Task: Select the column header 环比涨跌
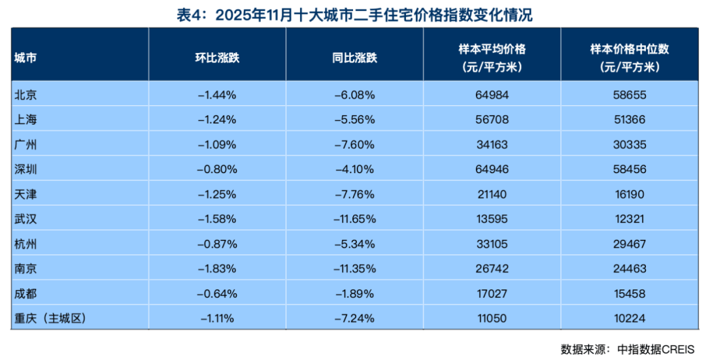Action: pyautogui.click(x=217, y=57)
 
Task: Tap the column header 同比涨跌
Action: pyautogui.click(x=354, y=57)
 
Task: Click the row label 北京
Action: pyautogui.click(x=25, y=95)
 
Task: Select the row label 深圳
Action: pyautogui.click(x=25, y=169)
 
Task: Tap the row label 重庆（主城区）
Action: pyautogui.click(x=50, y=319)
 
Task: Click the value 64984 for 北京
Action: pyautogui.click(x=492, y=95)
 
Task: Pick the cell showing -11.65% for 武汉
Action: pyautogui.click(x=354, y=220)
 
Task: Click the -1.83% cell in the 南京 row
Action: pyautogui.click(x=217, y=269)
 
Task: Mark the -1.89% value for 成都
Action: pyautogui.click(x=354, y=294)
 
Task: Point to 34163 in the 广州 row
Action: pyautogui.click(x=492, y=144)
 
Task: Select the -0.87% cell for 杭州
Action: pyautogui.click(x=217, y=244)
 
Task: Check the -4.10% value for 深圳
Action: pyautogui.click(x=354, y=169)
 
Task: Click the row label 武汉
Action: pyautogui.click(x=25, y=220)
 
